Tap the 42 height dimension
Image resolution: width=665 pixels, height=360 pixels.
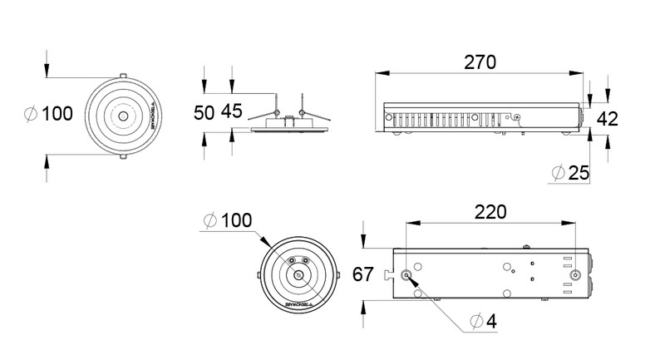pos(608,118)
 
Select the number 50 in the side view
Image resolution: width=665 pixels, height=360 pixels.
pos(204,113)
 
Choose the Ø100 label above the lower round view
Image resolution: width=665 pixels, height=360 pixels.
pos(226,220)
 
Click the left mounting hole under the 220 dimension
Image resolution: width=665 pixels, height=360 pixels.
pos(406,275)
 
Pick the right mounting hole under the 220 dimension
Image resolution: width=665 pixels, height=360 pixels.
pos(575,275)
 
